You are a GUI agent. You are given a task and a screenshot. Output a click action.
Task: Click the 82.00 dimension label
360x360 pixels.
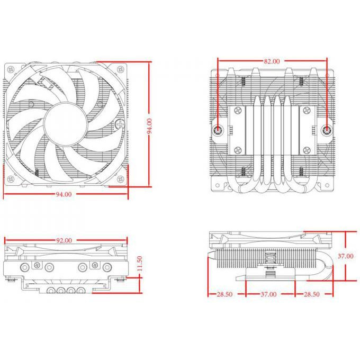click(x=272, y=61)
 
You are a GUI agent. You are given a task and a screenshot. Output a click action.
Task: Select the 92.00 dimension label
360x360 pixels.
click(x=64, y=240)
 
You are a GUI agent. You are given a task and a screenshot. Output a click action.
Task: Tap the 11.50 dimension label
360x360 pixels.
click(x=140, y=264)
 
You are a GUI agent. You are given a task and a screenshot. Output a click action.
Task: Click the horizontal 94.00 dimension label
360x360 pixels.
click(x=64, y=194)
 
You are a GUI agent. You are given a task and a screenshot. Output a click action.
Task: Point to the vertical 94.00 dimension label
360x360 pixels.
click(x=149, y=126)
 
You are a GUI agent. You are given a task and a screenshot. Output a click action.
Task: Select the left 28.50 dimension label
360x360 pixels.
click(x=224, y=294)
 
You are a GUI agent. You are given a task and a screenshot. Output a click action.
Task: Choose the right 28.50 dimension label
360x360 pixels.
click(x=311, y=294)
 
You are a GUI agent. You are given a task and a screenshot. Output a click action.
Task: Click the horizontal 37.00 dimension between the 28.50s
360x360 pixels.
click(x=268, y=294)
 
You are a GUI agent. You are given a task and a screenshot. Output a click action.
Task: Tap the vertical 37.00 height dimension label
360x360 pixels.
click(x=345, y=256)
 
